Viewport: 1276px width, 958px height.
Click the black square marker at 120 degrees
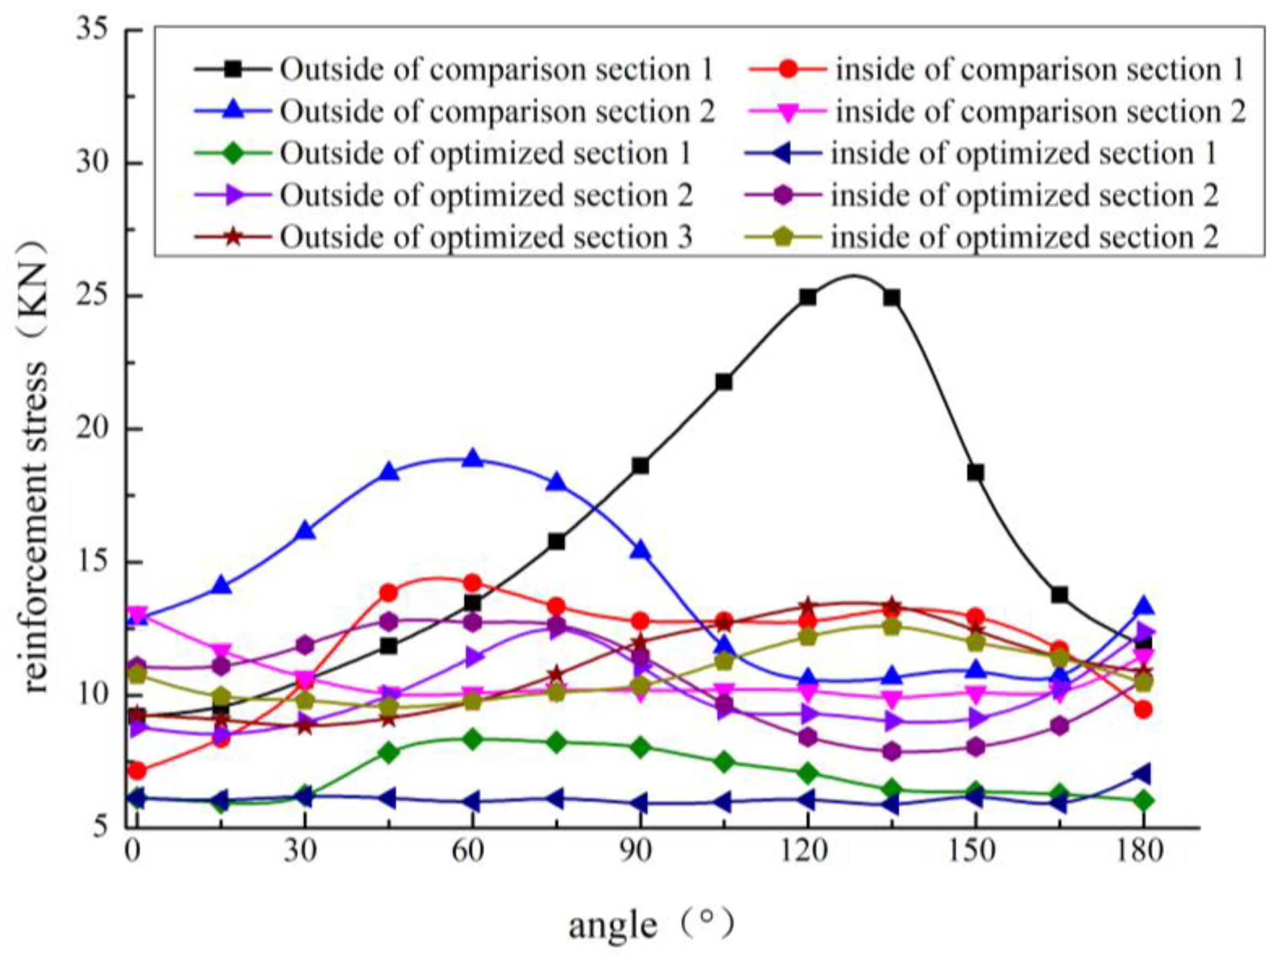pyautogui.click(x=807, y=298)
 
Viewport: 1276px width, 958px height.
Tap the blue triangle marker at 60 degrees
pyautogui.click(x=473, y=459)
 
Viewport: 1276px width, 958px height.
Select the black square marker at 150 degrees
pyautogui.click(x=976, y=472)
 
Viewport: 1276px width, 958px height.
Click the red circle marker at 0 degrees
pyautogui.click(x=137, y=771)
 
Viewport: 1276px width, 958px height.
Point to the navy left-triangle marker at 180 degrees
pyautogui.click(x=1142, y=773)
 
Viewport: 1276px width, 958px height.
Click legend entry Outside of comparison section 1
pyautogui.click(x=496, y=70)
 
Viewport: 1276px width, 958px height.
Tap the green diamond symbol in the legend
pyautogui.click(x=232, y=153)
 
